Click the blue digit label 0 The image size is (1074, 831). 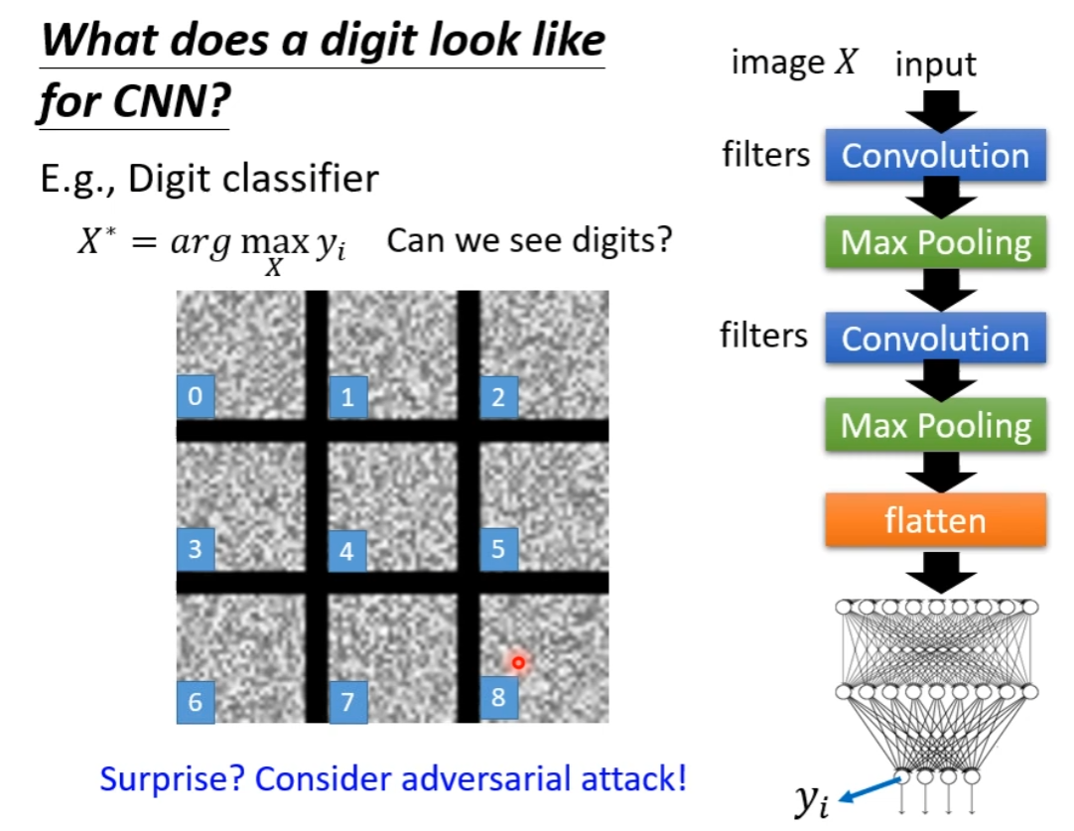196,396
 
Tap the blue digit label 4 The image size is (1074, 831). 346,550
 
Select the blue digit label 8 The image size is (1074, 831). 498,697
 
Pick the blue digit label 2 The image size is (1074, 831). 498,397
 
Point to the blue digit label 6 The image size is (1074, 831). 196,701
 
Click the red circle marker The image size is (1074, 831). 517,661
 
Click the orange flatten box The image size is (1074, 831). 935,519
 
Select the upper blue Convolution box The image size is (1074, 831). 935,156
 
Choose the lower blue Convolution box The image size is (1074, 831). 935,338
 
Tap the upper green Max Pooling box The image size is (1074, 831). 935,243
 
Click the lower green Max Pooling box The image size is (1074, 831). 935,426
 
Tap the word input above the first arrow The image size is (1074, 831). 935,66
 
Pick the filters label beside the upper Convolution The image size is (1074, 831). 765,154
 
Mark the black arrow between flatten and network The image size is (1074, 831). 935,573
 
